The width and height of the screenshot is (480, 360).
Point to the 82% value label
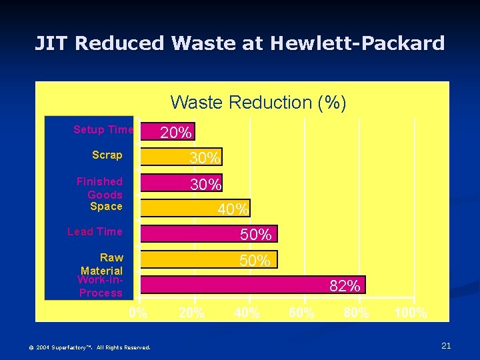click(345, 287)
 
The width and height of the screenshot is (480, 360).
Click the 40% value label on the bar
click(233, 209)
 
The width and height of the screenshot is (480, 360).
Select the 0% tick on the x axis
click(139, 313)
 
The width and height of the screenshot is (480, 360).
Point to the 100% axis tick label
click(411, 313)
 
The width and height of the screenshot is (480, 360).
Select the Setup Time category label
click(103, 129)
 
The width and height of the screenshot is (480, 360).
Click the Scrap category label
click(107, 155)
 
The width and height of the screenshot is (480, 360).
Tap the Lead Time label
click(95, 231)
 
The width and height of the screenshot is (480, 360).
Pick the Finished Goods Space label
click(101, 193)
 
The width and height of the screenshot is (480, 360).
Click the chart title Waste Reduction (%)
click(258, 103)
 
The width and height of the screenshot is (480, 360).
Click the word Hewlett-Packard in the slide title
click(357, 43)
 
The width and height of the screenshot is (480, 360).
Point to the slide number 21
click(446, 345)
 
